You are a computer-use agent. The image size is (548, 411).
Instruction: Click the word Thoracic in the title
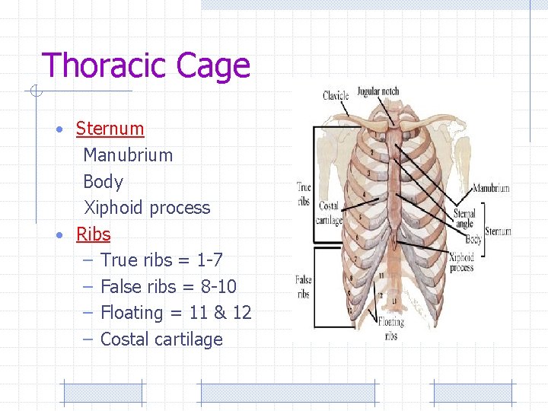click(105, 66)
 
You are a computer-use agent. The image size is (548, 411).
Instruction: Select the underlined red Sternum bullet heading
click(110, 129)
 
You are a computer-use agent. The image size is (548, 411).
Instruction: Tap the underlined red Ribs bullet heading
click(93, 234)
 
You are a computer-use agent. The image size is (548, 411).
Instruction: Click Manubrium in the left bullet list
click(128, 155)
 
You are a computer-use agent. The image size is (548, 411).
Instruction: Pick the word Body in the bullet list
click(103, 182)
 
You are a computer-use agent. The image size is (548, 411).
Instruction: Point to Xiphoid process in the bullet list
click(146, 208)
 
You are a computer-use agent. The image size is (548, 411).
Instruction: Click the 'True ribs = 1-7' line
click(161, 260)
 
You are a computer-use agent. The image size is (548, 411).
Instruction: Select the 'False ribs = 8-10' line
click(168, 287)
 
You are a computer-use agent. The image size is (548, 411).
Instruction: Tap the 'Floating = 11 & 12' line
click(176, 313)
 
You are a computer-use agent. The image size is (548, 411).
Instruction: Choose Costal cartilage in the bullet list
click(161, 339)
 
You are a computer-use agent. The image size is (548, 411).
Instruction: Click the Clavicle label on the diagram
click(336, 96)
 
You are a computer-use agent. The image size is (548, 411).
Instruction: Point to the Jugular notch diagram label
click(378, 91)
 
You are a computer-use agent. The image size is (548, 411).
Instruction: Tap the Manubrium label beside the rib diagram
click(491, 188)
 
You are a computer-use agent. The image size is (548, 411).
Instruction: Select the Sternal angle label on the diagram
click(464, 219)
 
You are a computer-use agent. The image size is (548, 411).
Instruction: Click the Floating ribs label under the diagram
click(391, 330)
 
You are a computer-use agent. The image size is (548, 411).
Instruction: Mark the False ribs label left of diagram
click(303, 287)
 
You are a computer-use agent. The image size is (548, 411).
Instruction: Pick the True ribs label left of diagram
click(304, 193)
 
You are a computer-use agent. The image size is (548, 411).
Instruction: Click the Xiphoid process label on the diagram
click(461, 263)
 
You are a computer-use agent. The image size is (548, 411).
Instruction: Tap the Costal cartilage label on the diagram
click(328, 213)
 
